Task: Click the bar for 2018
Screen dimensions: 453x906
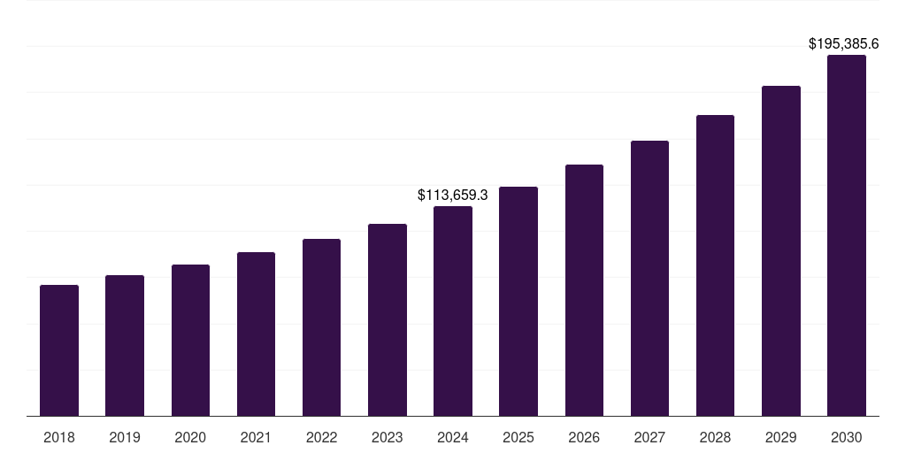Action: point(59,350)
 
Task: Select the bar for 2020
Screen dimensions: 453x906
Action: point(190,341)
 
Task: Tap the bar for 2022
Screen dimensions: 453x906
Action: point(321,327)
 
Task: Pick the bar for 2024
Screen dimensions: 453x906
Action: point(453,311)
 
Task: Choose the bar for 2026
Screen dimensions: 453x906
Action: point(584,290)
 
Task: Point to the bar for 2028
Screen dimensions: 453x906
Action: point(715,265)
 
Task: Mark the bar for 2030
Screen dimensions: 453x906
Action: point(846,235)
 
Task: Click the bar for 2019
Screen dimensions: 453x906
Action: point(125,346)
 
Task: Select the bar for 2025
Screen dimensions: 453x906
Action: point(518,302)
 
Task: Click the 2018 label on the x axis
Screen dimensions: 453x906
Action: point(59,437)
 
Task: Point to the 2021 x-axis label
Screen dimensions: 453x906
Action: point(256,437)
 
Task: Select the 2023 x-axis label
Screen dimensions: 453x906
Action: point(387,437)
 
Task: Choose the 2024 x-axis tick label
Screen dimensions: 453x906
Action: point(453,437)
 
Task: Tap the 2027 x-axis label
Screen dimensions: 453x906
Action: point(649,437)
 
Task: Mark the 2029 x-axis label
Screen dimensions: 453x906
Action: point(780,437)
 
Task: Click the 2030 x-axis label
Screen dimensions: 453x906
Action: point(846,437)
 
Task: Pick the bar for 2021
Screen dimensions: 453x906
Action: point(256,334)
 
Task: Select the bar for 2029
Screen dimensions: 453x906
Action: point(780,251)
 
